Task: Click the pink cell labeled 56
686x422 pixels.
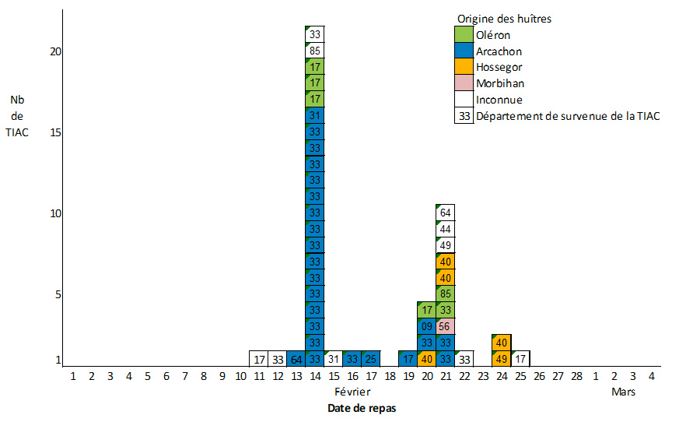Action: [446, 326]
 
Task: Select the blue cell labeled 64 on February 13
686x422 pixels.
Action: [296, 359]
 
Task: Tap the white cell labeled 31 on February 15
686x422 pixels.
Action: [333, 359]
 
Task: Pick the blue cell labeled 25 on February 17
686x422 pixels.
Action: [371, 359]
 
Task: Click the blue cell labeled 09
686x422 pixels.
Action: [427, 326]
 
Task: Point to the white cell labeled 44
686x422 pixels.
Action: [446, 229]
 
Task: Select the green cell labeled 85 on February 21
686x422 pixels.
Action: [446, 294]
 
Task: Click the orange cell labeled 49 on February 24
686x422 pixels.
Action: [502, 359]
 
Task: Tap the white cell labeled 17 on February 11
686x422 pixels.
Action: [258, 359]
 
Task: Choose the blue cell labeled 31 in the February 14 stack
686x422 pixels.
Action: [314, 115]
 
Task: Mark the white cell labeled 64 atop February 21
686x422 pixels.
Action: [446, 213]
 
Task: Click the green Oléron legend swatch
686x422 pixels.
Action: [464, 34]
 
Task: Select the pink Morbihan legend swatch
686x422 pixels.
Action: [464, 83]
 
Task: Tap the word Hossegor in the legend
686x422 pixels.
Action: [499, 67]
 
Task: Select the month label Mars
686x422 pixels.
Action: [624, 392]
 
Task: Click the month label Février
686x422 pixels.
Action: [352, 392]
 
